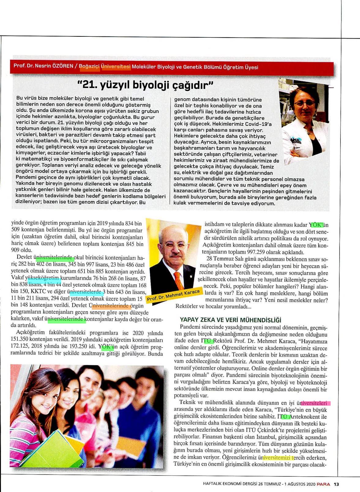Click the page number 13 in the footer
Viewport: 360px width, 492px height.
click(x=336, y=484)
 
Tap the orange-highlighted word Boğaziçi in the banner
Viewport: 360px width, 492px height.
click(x=89, y=66)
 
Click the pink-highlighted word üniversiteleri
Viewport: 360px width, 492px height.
click(x=314, y=403)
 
